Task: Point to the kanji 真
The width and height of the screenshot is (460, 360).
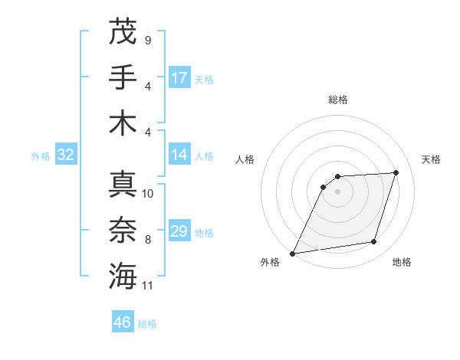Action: (123, 185)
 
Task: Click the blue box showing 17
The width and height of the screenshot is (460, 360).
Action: (179, 77)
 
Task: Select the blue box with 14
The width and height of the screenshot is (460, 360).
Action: (179, 155)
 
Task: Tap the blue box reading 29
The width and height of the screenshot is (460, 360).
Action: (179, 231)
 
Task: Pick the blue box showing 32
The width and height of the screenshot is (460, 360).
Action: (66, 155)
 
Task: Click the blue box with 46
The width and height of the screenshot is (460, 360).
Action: (123, 322)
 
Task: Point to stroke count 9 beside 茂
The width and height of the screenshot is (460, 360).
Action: (147, 40)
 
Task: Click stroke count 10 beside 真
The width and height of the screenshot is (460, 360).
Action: (148, 193)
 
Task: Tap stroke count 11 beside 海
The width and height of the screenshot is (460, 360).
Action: (148, 285)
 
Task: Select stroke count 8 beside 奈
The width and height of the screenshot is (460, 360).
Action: (147, 240)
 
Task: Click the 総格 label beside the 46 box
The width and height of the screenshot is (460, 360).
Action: (147, 324)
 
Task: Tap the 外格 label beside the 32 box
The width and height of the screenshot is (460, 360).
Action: (41, 156)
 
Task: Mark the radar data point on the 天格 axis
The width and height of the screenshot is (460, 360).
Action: (396, 172)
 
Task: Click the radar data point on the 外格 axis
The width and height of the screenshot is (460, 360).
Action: (292, 253)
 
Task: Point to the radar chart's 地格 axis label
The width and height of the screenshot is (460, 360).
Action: (402, 263)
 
